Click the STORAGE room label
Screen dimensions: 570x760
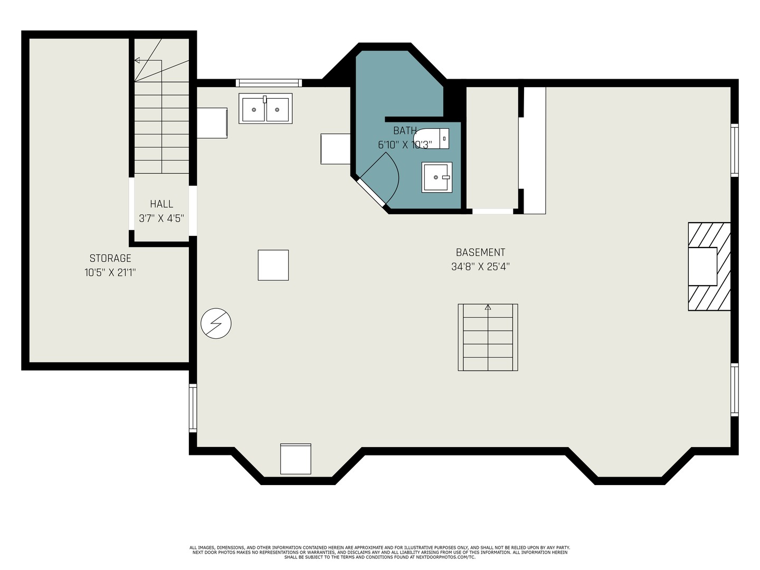[110, 258]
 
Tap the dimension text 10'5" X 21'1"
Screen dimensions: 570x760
[110, 272]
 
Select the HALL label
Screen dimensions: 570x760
[161, 204]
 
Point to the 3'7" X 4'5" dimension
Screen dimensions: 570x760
[161, 218]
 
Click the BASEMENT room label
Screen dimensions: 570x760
[480, 252]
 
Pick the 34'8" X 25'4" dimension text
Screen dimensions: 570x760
[480, 267]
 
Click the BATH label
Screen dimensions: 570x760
[405, 130]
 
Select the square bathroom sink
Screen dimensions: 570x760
[436, 177]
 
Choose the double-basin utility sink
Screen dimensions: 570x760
[265, 109]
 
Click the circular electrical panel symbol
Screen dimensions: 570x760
[216, 323]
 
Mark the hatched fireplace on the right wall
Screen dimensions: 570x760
[709, 266]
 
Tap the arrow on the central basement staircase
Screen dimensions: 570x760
[488, 307]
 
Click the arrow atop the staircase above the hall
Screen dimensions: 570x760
[138, 61]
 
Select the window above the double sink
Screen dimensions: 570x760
[269, 82]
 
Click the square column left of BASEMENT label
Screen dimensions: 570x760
[273, 265]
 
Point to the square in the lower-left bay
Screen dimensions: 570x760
[296, 459]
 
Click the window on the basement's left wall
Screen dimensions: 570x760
[193, 408]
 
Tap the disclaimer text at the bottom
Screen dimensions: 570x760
[379, 552]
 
